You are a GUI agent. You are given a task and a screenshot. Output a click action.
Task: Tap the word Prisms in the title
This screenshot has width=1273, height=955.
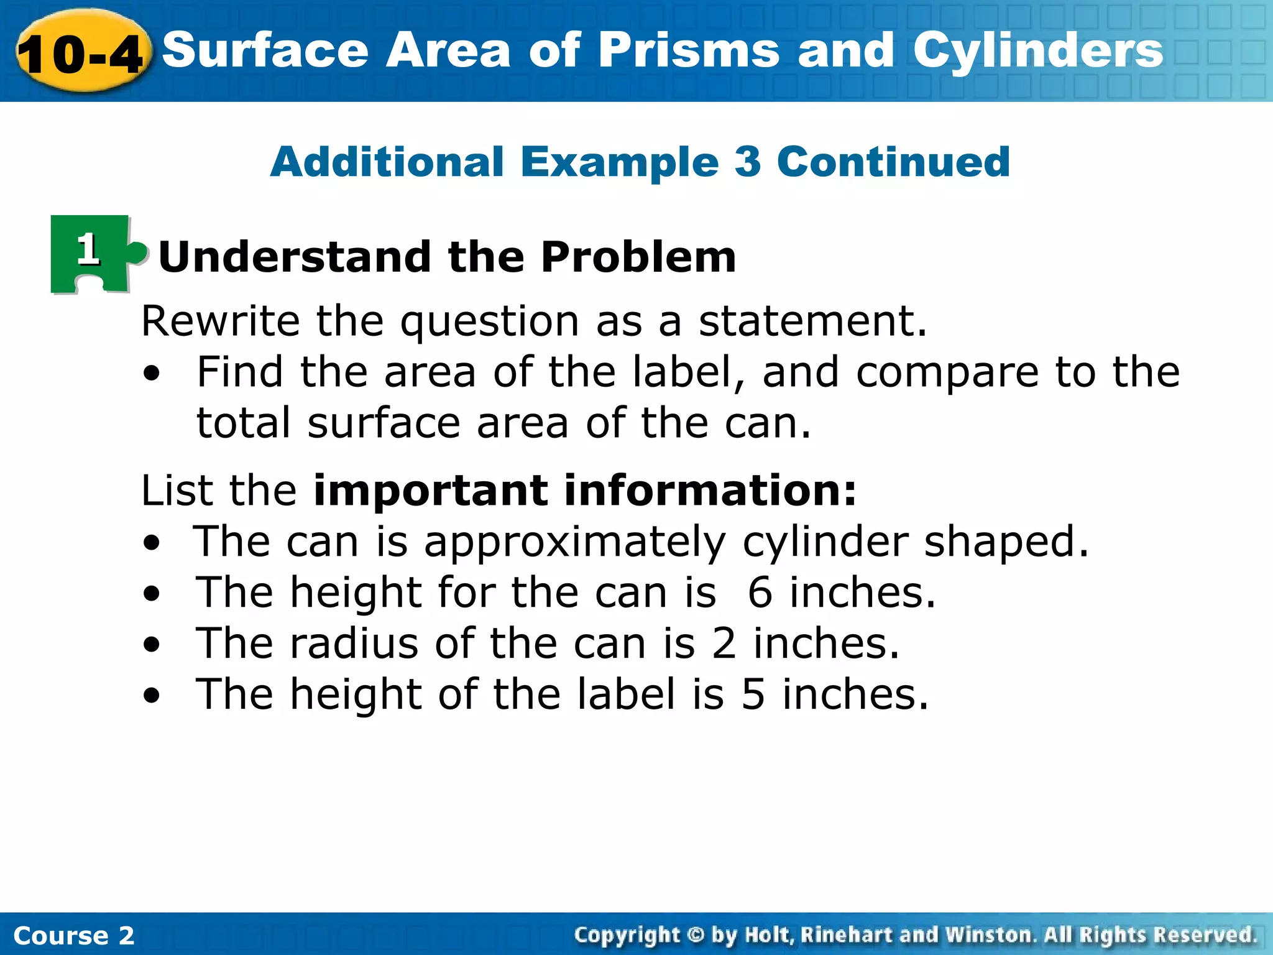pyautogui.click(x=689, y=51)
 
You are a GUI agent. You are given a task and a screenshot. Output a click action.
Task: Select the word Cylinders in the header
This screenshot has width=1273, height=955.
pyautogui.click(x=1038, y=51)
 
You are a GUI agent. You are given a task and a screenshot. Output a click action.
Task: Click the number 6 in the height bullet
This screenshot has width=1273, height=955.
pyautogui.click(x=760, y=593)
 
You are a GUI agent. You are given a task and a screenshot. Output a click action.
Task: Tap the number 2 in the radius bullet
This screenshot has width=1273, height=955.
pyautogui.click(x=724, y=644)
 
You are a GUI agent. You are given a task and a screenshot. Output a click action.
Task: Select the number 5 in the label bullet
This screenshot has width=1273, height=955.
pyautogui.click(x=753, y=694)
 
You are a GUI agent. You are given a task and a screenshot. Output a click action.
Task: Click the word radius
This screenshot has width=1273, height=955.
pyautogui.click(x=354, y=644)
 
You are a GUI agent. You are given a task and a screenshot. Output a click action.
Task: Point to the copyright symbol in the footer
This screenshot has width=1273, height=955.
pyautogui.click(x=696, y=934)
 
